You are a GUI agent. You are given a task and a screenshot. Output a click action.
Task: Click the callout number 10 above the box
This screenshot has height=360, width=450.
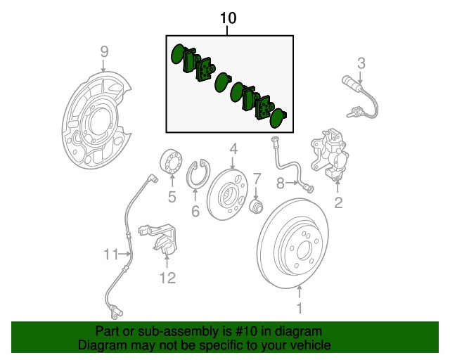click(228, 18)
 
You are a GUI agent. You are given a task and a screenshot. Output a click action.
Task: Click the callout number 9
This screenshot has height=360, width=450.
click(104, 51)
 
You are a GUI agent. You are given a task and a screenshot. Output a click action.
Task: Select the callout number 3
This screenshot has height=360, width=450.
click(361, 64)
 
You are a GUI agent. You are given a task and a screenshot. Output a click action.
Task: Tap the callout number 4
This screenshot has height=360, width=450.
click(233, 149)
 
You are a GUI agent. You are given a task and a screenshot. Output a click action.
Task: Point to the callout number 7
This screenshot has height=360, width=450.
click(257, 179)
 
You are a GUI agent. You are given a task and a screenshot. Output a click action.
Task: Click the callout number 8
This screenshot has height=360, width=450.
click(280, 184)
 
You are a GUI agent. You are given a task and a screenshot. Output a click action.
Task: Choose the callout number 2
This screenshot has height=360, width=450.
click(338, 204)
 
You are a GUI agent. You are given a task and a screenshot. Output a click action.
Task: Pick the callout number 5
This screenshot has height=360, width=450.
click(172, 198)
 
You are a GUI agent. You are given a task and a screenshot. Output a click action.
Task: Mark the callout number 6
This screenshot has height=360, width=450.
click(195, 211)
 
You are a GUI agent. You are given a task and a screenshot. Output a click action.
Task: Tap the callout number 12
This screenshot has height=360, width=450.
click(167, 278)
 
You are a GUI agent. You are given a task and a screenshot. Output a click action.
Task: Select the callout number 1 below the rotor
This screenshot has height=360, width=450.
click(299, 307)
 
